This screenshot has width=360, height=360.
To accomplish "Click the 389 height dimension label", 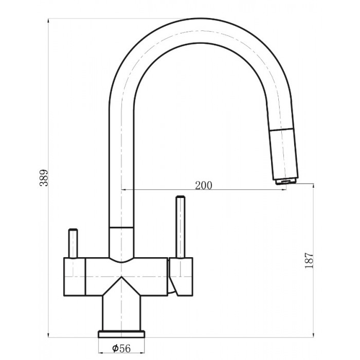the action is tap(44, 178).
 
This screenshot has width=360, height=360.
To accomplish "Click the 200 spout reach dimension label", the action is tap(204, 185).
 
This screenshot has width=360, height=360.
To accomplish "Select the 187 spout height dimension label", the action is tap(309, 261).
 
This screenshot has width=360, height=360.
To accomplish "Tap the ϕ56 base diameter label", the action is tap(121, 348).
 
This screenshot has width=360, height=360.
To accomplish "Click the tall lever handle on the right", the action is tap(180, 227).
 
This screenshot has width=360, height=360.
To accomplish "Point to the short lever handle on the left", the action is tap(73, 243).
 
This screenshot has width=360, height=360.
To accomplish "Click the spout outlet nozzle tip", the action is tap(286, 182).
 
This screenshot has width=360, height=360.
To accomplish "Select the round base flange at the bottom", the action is tap(121, 334).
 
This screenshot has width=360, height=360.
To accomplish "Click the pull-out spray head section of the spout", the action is tap(284, 154).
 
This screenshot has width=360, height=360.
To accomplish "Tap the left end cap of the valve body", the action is tap(75, 277).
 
